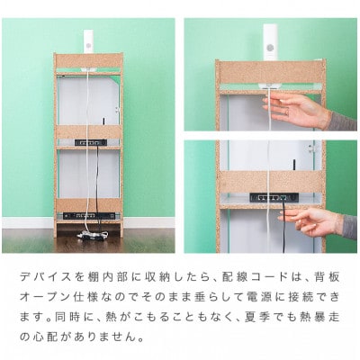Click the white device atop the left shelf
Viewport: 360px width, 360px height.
point(88,40)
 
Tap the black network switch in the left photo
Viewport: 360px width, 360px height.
point(88,142)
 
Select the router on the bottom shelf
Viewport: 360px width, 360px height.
point(88,216)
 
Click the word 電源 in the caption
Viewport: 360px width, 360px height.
point(250,294)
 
